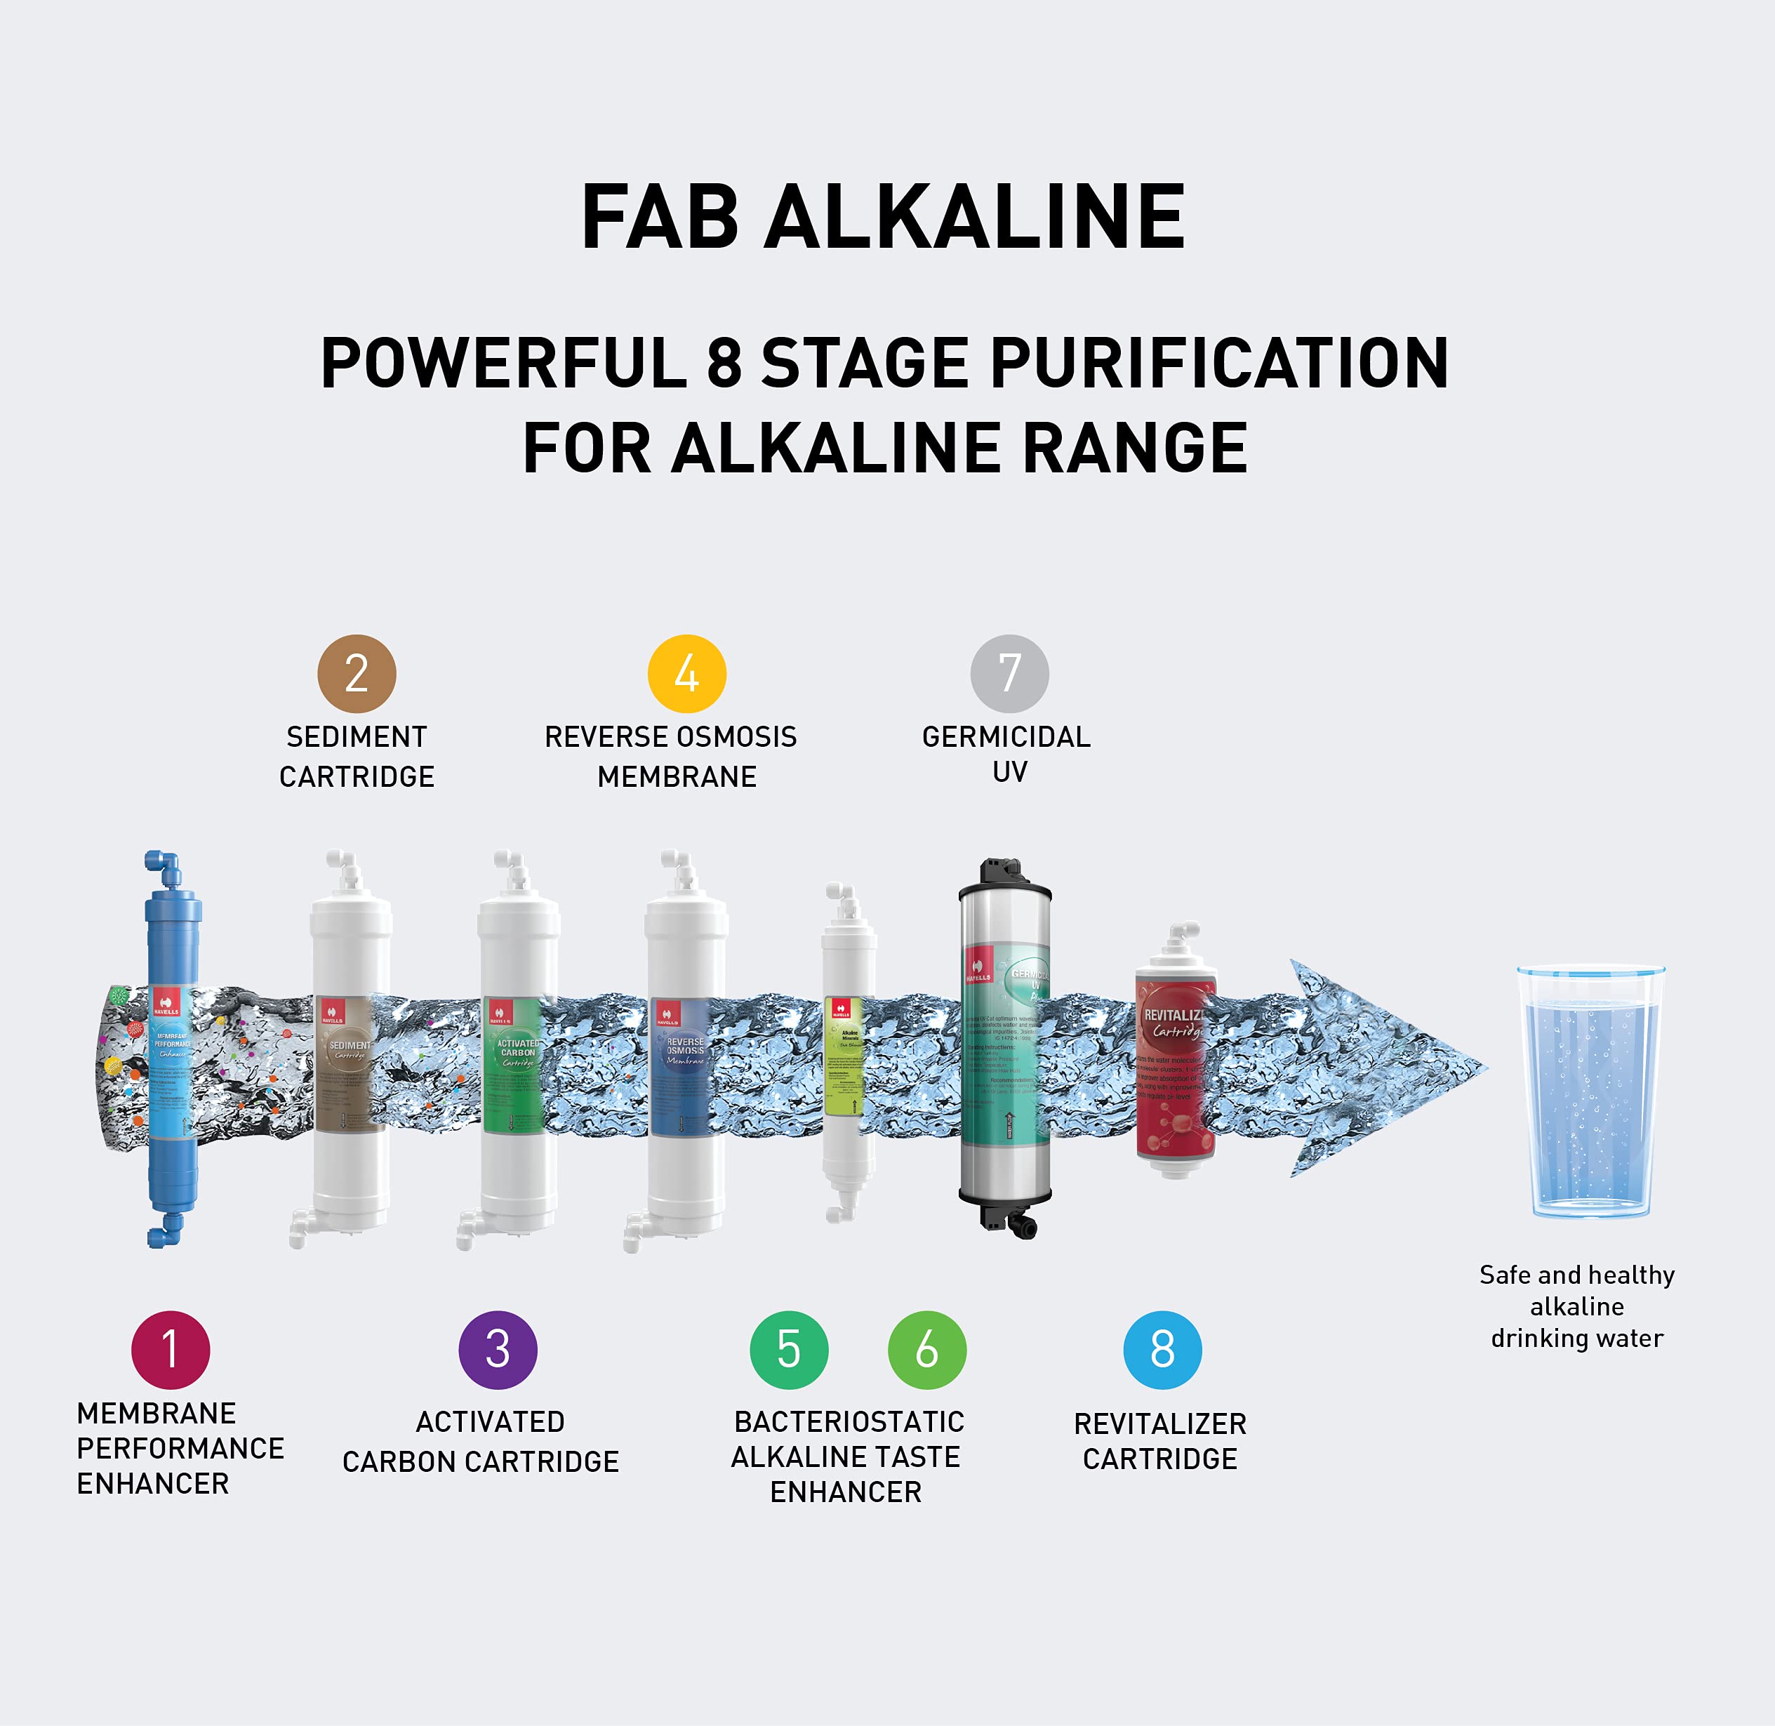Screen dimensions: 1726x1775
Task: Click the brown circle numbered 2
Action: pos(357,674)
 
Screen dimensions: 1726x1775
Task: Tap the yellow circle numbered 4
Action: pos(686,674)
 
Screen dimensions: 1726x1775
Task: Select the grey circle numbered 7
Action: pos(1009,674)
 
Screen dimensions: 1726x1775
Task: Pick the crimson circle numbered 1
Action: pos(171,1350)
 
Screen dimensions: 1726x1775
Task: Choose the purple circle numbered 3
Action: pos(498,1350)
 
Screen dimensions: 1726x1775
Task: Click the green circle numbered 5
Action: pos(789,1350)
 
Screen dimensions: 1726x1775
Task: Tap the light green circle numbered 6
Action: pos(926,1350)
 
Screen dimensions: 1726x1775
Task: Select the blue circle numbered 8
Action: pos(1162,1350)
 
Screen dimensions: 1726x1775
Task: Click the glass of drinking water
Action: pos(1590,1092)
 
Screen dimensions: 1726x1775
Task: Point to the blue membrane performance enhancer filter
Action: pos(172,1051)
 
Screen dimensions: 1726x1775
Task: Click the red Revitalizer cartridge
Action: pos(1175,1061)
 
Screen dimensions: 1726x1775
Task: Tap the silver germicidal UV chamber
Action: pos(1004,1051)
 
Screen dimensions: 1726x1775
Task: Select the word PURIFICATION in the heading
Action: pos(1219,364)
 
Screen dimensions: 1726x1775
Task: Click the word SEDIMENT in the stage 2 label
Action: pos(357,737)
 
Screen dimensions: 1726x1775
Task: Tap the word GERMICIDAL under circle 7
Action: pos(1006,737)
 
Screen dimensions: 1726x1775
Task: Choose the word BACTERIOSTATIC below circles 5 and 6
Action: pos(849,1421)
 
